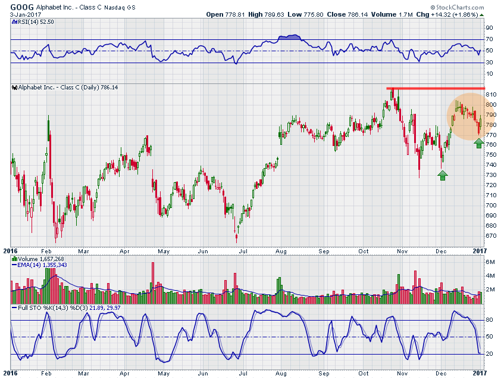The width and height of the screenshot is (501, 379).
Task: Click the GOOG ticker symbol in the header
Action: point(22,7)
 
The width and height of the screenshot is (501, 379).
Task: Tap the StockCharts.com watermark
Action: point(462,7)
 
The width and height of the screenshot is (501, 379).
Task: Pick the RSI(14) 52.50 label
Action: point(31,22)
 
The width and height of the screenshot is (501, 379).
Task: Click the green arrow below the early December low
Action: point(442,175)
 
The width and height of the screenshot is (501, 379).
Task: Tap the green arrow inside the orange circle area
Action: point(479,143)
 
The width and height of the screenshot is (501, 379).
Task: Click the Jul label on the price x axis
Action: point(244,252)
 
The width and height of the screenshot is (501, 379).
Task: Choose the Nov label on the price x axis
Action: point(403,252)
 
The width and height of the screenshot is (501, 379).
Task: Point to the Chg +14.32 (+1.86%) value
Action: point(456,14)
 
